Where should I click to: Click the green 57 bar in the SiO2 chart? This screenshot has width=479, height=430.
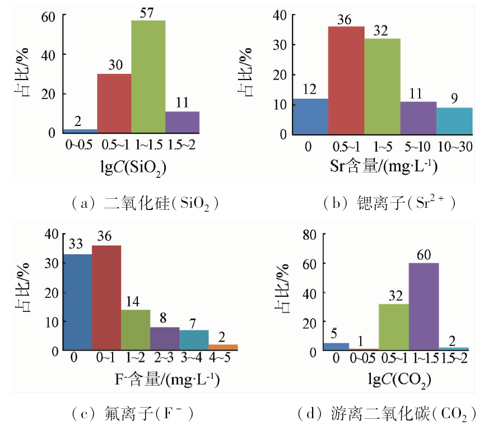[148, 77]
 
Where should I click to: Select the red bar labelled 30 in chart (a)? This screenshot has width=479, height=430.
[114, 103]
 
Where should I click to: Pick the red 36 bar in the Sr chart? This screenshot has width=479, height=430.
[346, 81]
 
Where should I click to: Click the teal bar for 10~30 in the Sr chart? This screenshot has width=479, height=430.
[454, 121]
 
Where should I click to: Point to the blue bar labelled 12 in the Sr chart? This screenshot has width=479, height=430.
[310, 116]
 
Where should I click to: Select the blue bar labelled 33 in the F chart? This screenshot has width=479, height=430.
[78, 302]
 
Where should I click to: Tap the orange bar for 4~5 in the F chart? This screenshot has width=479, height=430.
[223, 348]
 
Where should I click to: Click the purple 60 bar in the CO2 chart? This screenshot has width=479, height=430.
[424, 307]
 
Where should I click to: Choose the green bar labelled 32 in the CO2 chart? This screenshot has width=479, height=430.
[394, 327]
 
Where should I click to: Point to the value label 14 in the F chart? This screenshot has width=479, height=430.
[135, 301]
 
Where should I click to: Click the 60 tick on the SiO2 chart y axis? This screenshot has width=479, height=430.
[50, 16]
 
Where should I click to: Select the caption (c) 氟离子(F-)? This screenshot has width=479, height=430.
[133, 414]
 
